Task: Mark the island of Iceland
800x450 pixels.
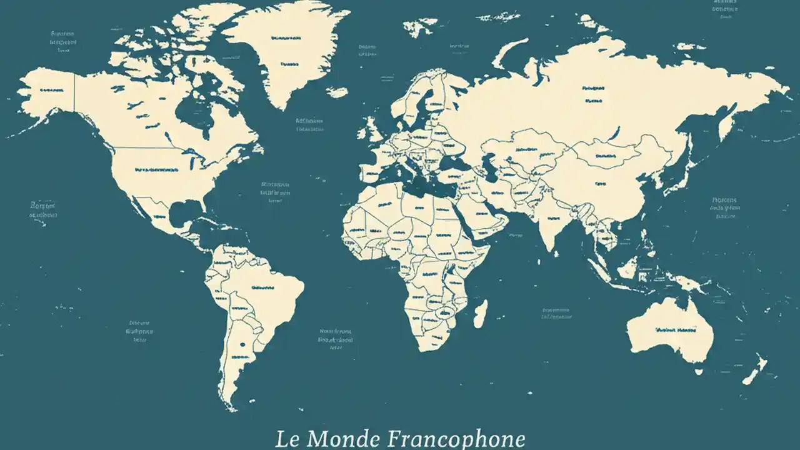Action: [x=337, y=92]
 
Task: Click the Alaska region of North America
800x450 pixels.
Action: [x=50, y=94]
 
